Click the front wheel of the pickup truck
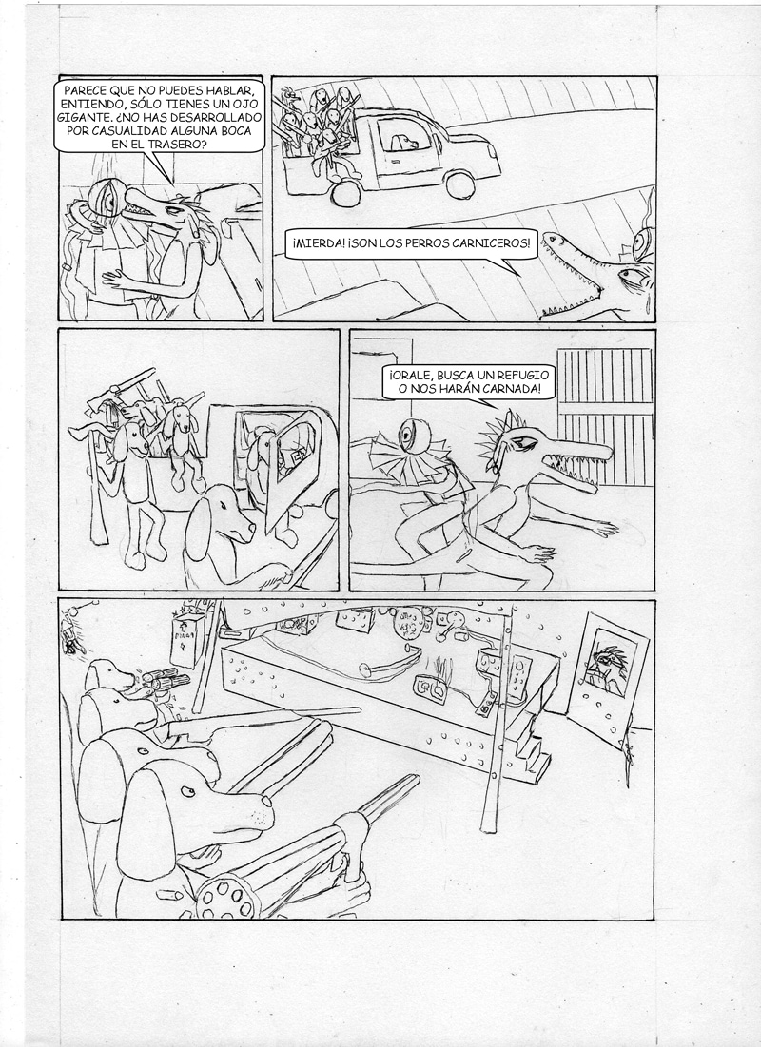pos(459,184)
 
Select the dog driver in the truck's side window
pos(403,142)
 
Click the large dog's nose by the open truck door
pos(250,531)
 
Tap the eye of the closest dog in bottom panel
pos(189,792)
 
